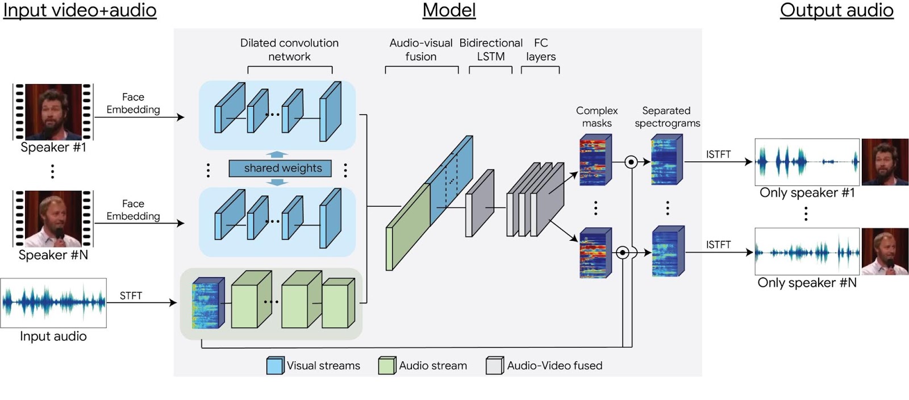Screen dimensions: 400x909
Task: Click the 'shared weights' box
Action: pyautogui.click(x=280, y=168)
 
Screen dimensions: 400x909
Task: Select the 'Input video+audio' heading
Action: pyautogui.click(x=80, y=10)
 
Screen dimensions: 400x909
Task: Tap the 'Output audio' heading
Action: pyautogui.click(x=836, y=10)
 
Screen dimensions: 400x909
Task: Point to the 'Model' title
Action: pyautogui.click(x=449, y=10)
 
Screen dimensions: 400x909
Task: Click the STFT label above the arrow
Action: pyautogui.click(x=131, y=295)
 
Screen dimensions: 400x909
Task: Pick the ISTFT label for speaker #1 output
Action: pyautogui.click(x=718, y=155)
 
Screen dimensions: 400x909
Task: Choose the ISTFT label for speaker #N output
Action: pyautogui.click(x=718, y=244)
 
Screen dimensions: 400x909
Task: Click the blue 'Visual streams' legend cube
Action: pyautogui.click(x=275, y=365)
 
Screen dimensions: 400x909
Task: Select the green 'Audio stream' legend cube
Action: pyautogui.click(x=387, y=365)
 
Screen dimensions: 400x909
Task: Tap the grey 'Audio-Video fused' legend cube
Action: pyautogui.click(x=494, y=365)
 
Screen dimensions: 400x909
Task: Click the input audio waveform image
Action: pyautogui.click(x=53, y=302)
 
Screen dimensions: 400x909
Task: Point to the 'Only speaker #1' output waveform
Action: pyautogui.click(x=807, y=162)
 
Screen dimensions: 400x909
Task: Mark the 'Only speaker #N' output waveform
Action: pyautogui.click(x=807, y=252)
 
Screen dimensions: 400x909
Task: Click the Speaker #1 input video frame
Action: pyautogui.click(x=53, y=112)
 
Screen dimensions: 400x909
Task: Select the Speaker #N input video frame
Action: pyautogui.click(x=53, y=219)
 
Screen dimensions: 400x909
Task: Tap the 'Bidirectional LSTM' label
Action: pyautogui.click(x=491, y=50)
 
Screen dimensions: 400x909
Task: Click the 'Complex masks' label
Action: pyautogui.click(x=597, y=116)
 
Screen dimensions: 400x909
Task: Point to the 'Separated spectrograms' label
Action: pyautogui.click(x=667, y=116)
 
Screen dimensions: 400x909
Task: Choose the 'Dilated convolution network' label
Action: pyautogui.click(x=289, y=50)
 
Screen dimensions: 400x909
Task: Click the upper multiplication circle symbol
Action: pyautogui.click(x=631, y=162)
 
